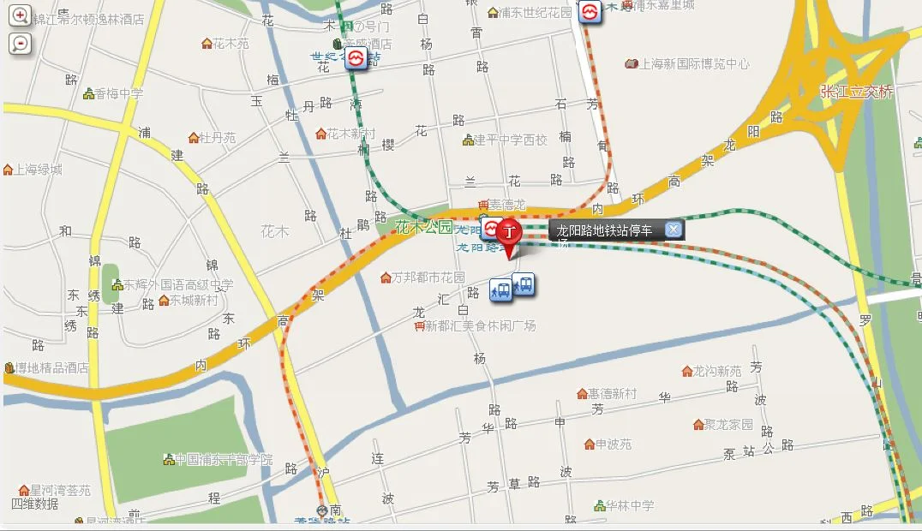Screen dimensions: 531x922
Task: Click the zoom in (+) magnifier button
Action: [x=20, y=15]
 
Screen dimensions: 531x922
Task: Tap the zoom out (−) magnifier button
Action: [x=20, y=44]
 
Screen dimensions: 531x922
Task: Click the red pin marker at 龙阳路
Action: [x=510, y=233]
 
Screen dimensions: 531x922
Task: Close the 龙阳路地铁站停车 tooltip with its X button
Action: [x=674, y=230]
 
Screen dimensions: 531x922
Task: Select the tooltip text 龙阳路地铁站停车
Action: [x=604, y=230]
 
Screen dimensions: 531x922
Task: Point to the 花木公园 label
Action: [x=422, y=228]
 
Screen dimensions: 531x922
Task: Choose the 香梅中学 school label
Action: [x=118, y=94]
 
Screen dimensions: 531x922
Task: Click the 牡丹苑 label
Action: [x=217, y=138]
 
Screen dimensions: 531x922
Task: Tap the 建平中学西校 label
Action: [x=510, y=140]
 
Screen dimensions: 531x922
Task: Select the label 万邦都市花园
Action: [x=428, y=278]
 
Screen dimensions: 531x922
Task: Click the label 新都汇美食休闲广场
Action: [x=480, y=326]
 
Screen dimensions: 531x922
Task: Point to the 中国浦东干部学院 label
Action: [x=223, y=461]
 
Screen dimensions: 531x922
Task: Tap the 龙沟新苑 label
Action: [x=716, y=371]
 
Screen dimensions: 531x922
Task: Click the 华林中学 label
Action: [x=630, y=506]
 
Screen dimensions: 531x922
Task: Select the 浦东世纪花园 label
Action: [x=535, y=13]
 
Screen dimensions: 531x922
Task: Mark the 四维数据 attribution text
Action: [x=36, y=504]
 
